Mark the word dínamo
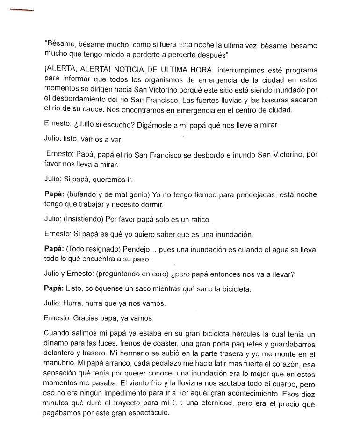point(56,345)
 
